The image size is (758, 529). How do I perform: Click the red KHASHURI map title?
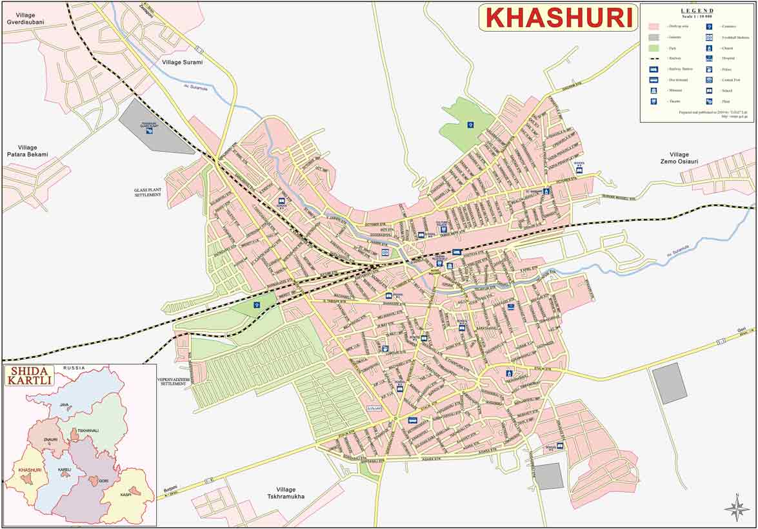pos(559,17)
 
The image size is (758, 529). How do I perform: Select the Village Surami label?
pos(183,62)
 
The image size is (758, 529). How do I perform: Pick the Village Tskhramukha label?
pos(290,493)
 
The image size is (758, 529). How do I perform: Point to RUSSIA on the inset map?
pos(74,368)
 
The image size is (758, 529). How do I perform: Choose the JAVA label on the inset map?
pos(64,404)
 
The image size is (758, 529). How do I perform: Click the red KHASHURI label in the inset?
pos(30,470)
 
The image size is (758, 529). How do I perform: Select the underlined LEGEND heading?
pos(697,10)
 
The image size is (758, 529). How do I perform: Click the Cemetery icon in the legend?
pos(709,26)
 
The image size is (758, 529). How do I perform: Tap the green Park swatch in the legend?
pos(653,48)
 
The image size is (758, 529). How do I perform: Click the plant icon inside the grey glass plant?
pos(150,130)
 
